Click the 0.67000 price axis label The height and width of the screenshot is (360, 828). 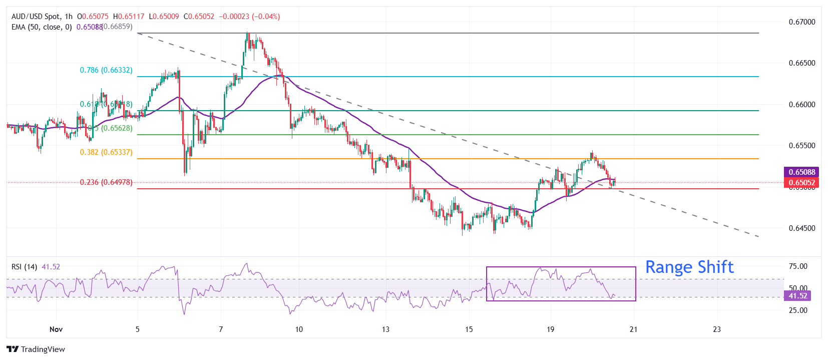point(801,22)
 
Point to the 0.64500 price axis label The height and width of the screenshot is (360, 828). point(801,228)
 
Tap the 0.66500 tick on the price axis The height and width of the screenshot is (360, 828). point(801,63)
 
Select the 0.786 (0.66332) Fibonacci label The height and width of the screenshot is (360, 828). point(106,70)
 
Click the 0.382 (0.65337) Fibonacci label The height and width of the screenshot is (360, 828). point(106,152)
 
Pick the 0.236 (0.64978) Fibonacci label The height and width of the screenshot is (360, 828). point(106,182)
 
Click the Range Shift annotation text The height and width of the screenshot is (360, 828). point(689,267)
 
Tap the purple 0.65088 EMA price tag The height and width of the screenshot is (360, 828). point(802,172)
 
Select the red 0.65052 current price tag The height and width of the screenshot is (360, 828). point(802,183)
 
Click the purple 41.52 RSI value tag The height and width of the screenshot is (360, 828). point(798,296)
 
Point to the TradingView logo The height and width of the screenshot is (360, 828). point(36,349)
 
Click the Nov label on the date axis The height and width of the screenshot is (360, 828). point(56,329)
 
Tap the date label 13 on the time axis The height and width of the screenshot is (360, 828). point(385,329)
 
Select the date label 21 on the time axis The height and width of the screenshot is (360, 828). point(633,329)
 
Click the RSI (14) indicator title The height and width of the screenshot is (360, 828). point(24,267)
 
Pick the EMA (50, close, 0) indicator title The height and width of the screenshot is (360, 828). point(42,27)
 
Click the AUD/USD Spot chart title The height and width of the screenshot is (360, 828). point(35,17)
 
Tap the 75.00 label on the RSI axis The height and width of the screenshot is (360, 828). point(798,266)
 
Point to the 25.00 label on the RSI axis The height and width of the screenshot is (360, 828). point(798,310)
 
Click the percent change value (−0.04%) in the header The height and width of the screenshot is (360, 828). point(266,17)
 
